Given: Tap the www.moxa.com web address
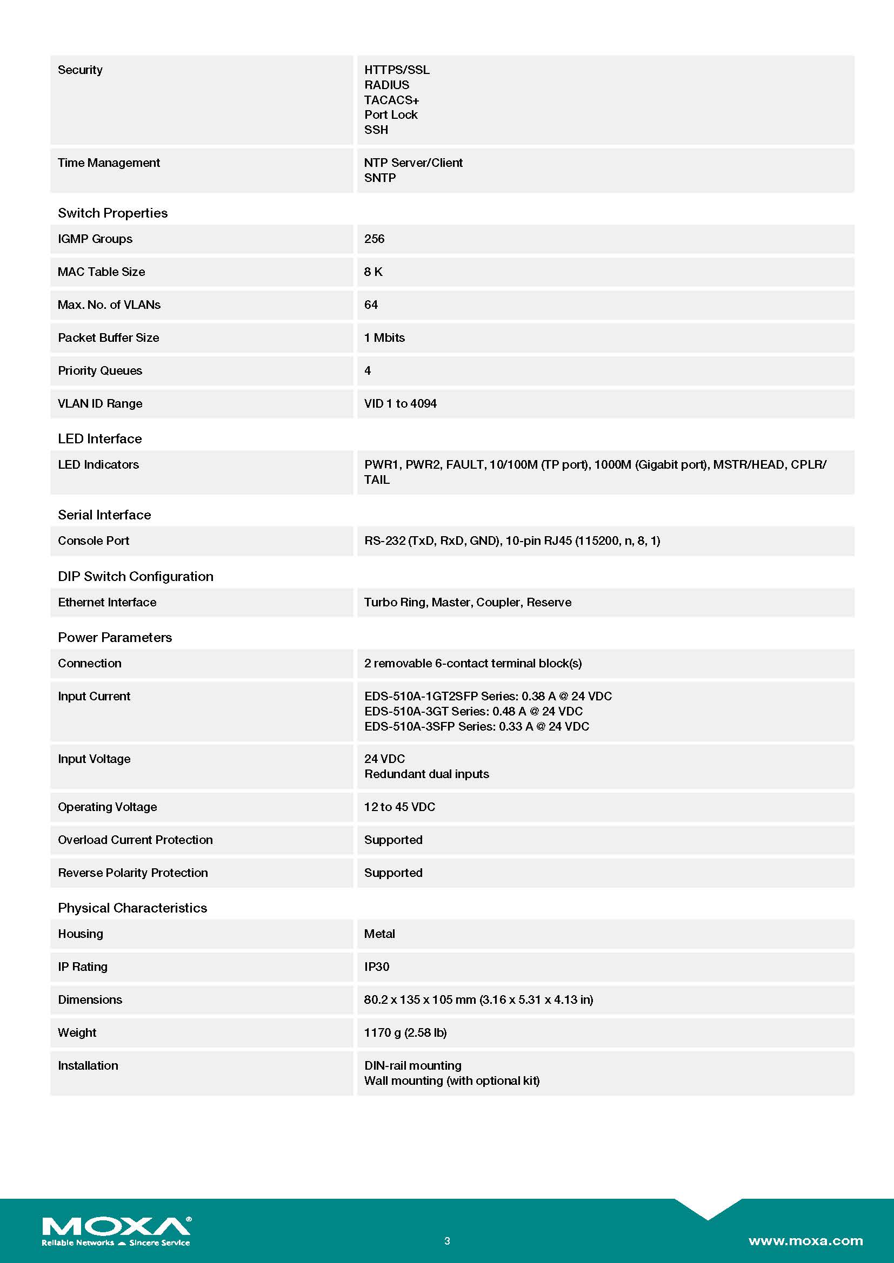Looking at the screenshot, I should click(x=805, y=1241).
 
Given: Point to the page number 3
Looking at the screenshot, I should click(x=447, y=1241).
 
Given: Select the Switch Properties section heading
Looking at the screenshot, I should click(x=112, y=213).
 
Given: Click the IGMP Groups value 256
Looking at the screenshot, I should click(x=374, y=239).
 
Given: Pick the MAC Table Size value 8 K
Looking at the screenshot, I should click(x=373, y=272).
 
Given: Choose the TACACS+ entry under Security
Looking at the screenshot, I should click(x=391, y=100).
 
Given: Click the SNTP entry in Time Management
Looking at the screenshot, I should click(x=379, y=178).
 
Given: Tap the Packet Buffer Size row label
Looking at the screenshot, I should click(x=109, y=337).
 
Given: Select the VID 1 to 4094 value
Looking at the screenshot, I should click(x=400, y=404).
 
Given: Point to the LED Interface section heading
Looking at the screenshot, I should click(x=99, y=438).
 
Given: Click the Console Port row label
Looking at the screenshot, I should click(x=94, y=541).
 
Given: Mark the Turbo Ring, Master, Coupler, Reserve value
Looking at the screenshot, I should click(x=468, y=603).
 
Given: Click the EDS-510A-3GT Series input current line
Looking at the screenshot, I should click(x=473, y=711).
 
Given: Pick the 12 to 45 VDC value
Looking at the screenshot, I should click(x=399, y=807).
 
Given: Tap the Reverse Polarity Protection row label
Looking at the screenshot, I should click(x=132, y=873).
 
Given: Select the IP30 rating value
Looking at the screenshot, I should click(x=377, y=967).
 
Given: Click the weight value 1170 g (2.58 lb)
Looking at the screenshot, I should click(x=405, y=1033).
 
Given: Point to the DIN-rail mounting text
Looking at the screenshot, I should click(x=412, y=1065).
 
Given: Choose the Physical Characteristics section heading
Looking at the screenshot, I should click(x=132, y=908).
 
